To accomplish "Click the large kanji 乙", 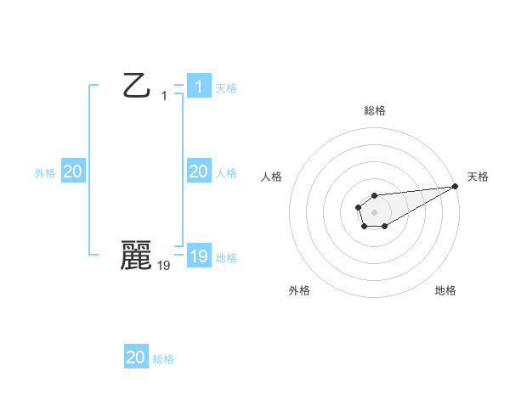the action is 137,86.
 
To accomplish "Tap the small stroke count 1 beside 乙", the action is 164,96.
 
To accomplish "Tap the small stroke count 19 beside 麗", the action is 164,265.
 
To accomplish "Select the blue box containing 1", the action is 198,87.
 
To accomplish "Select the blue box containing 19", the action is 198,256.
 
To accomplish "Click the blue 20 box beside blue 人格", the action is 198,171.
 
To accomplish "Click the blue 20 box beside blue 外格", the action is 72,171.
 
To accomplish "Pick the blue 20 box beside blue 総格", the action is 136,357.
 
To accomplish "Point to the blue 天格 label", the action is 226,88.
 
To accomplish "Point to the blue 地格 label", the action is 226,258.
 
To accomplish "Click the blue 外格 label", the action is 45,173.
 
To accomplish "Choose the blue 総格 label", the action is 163,359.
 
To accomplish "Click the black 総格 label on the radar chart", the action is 375,110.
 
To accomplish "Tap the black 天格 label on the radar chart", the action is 478,177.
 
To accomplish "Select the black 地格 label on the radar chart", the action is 445,290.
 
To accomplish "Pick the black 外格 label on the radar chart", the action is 299,290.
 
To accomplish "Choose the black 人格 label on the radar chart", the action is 271,177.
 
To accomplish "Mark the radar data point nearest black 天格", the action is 456,185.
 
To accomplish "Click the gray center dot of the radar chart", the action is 374,211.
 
